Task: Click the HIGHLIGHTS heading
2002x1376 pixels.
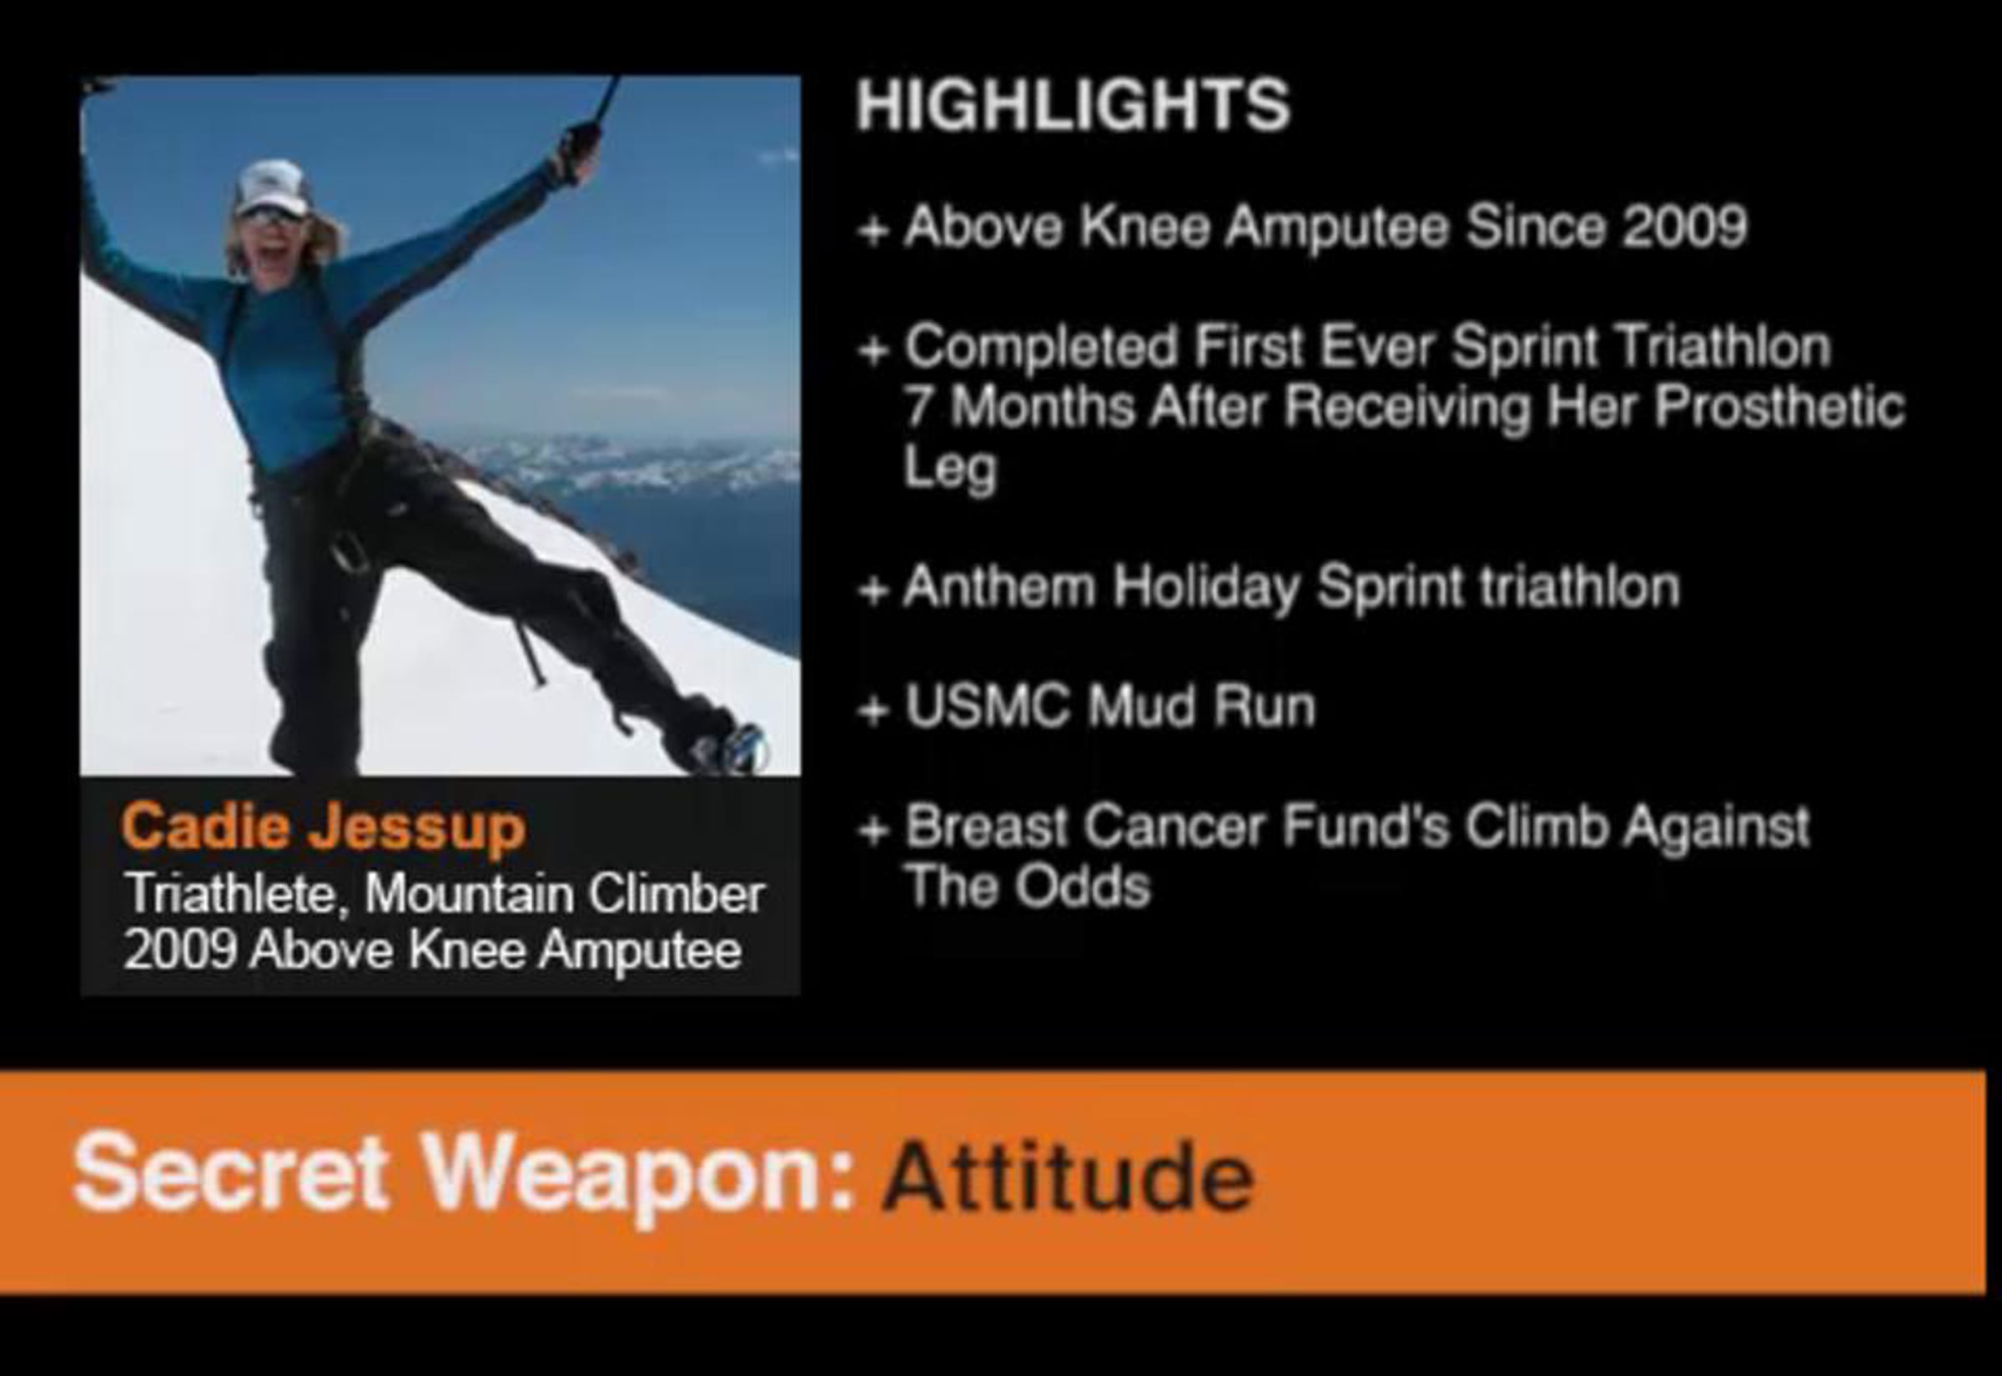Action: pyautogui.click(x=1073, y=105)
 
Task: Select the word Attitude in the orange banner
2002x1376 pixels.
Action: pyautogui.click(x=1068, y=1176)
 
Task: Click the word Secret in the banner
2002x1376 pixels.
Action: pyautogui.click(x=230, y=1173)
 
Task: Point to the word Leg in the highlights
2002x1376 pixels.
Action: pyautogui.click(x=949, y=469)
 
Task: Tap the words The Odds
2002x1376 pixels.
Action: pyautogui.click(x=1028, y=886)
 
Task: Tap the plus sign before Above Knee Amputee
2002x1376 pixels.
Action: pyautogui.click(x=873, y=230)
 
